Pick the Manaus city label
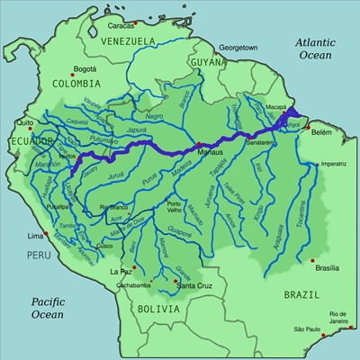pos(209,155)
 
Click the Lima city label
pos(35,236)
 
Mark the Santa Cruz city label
pos(193,286)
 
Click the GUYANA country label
pos(206,61)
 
